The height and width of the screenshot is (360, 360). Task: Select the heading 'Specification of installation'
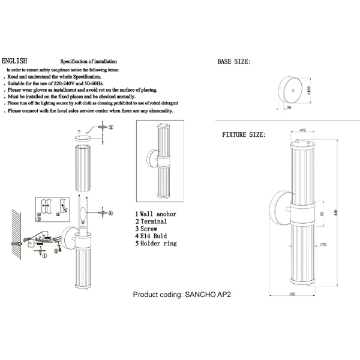[88, 62]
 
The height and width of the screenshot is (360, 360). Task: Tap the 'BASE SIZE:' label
[233, 62]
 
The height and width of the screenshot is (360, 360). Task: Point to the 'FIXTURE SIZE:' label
[244, 136]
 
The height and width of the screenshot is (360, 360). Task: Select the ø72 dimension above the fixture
[302, 130]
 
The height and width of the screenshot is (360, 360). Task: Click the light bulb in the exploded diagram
[83, 213]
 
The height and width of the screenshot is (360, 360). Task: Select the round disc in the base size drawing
[292, 92]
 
